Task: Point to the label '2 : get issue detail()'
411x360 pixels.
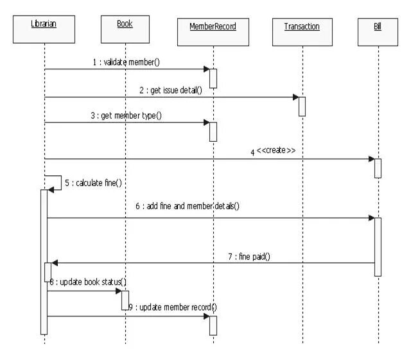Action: [170, 90]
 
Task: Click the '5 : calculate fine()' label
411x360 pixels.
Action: [94, 183]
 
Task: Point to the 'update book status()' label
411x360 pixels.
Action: [90, 282]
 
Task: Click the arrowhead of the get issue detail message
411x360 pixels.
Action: [296, 98]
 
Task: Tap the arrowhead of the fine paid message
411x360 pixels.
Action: [55, 262]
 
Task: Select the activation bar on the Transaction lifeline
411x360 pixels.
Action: [302, 106]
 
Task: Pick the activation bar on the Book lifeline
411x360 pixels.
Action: [125, 299]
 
